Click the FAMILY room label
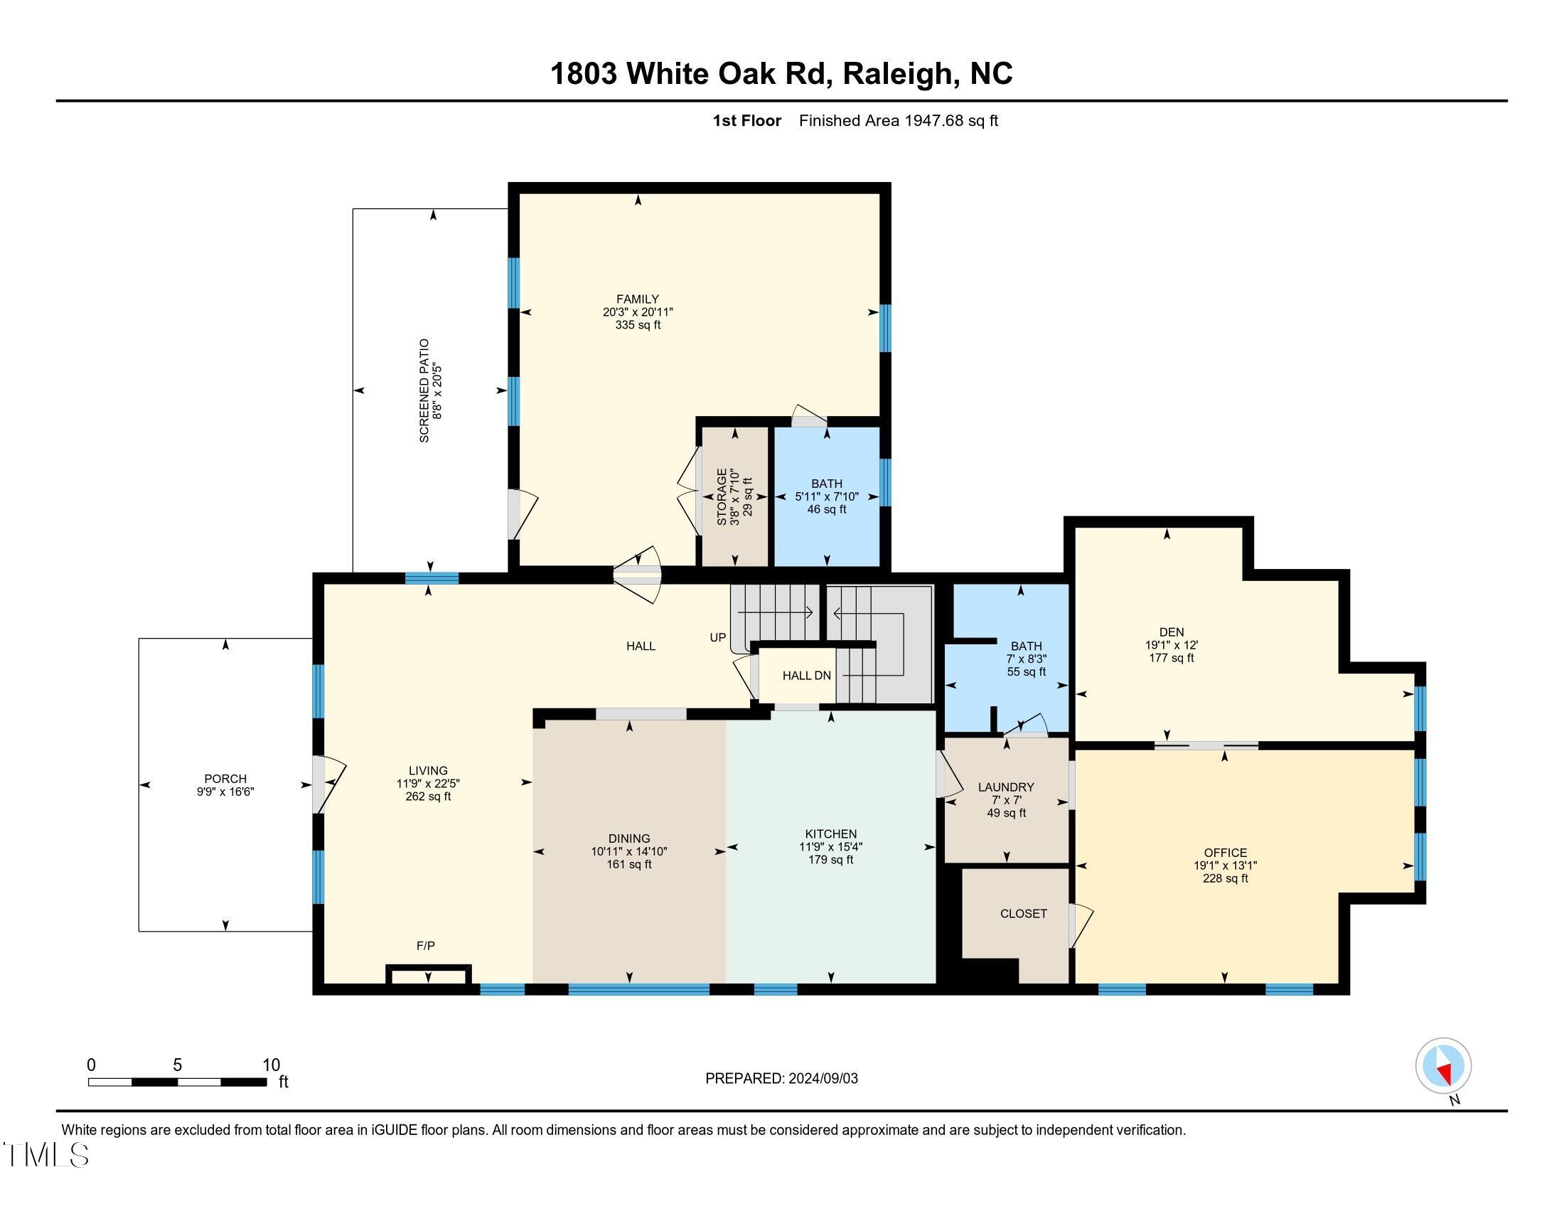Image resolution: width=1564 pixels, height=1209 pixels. pos(638,299)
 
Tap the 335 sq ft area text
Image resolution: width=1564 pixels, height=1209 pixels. pos(638,325)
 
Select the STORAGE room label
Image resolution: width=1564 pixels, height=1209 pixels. pos(722,496)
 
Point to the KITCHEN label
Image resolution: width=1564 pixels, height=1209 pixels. pos(830,833)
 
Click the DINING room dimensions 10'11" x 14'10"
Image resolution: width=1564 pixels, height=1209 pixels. pos(629,851)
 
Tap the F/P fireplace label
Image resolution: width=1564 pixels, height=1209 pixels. pos(425,946)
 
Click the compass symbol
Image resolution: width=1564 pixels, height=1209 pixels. pos(1444,1065)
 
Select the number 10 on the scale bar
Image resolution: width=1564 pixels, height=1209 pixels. pos(271,1065)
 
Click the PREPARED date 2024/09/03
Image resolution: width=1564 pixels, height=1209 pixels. pos(822,1079)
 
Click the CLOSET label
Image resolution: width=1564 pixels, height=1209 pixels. pos(1023,914)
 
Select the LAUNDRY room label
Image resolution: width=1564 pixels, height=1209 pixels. pos(1006,787)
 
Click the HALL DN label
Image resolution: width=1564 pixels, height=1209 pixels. pos(806,676)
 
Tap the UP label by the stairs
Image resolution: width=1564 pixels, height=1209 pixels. pos(717,637)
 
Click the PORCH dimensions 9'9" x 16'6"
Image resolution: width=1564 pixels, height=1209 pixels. pos(225,792)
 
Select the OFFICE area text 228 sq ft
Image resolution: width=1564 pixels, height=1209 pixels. pos(1226,879)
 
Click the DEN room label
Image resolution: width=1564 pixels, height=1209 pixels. pos(1172,632)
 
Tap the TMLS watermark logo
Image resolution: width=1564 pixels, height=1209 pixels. pos(46,1154)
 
